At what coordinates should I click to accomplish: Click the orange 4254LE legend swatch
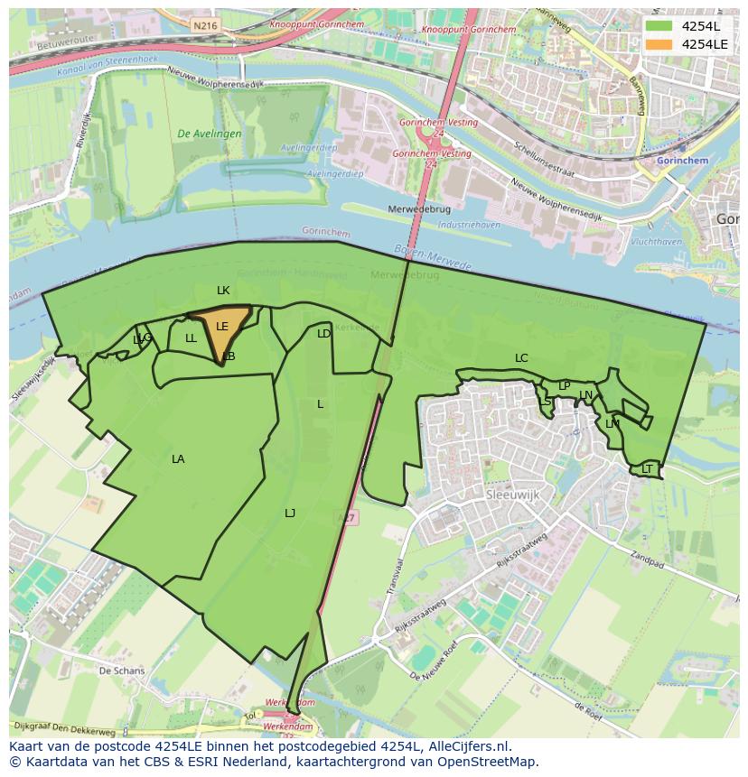[x=659, y=44]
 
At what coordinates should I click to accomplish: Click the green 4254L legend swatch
[x=659, y=26]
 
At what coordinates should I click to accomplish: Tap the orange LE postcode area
[x=220, y=329]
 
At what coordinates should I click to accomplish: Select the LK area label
[x=223, y=291]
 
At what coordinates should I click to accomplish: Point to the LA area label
[x=178, y=459]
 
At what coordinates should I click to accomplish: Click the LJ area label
[x=290, y=513]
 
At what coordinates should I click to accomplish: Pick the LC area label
[x=521, y=358]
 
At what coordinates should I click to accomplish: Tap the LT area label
[x=647, y=469]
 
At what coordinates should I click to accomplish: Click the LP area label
[x=564, y=386]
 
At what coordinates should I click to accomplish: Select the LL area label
[x=191, y=339]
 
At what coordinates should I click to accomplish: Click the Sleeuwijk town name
[x=511, y=496]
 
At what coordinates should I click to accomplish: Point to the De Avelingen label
[x=210, y=134]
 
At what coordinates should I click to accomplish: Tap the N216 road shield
[x=205, y=26]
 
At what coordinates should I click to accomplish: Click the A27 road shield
[x=346, y=518]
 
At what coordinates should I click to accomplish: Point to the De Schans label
[x=121, y=671]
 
